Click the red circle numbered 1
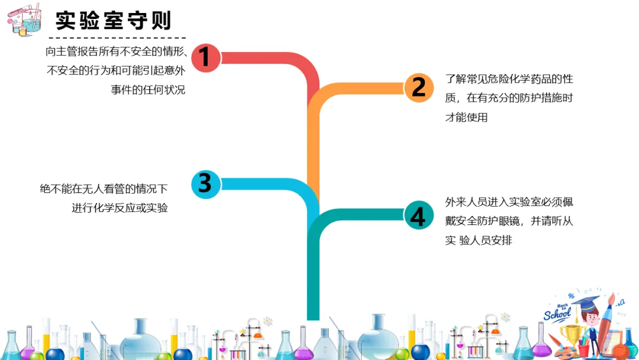[205, 57]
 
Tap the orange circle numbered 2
[418, 88]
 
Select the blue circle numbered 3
[205, 184]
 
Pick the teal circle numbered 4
[418, 216]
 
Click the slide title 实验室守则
[114, 21]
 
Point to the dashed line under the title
[118, 38]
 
